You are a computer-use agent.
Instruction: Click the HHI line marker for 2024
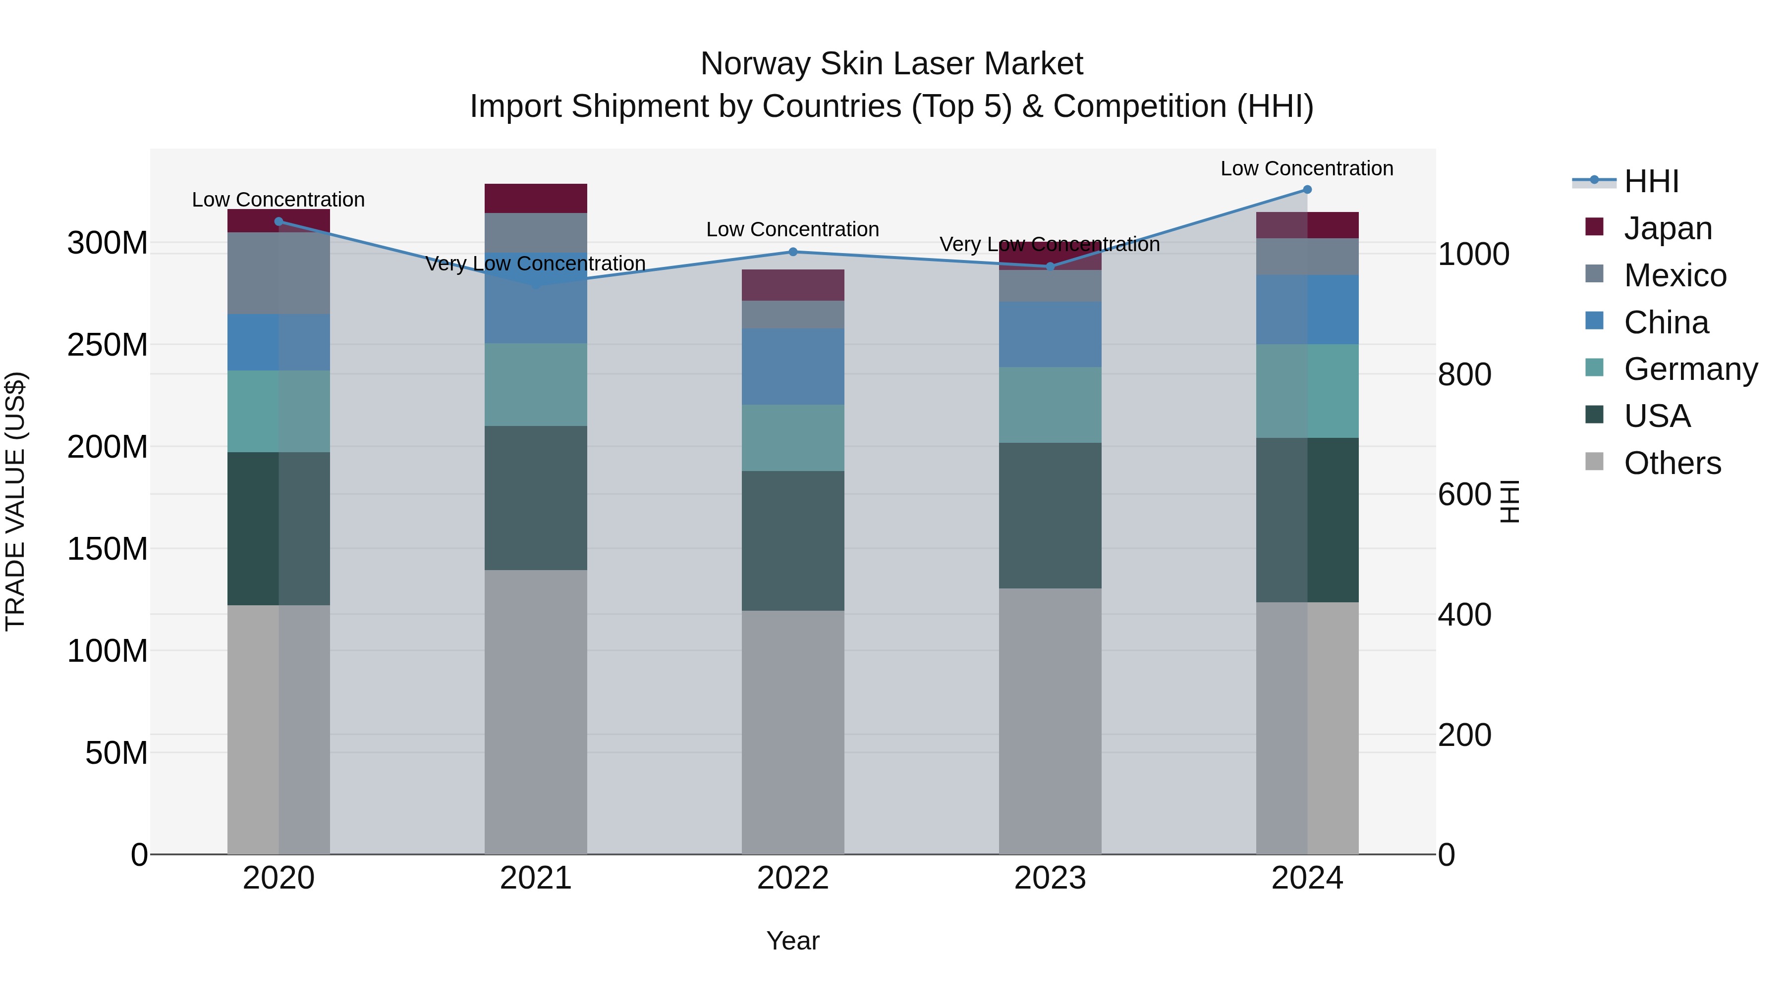tap(1307, 190)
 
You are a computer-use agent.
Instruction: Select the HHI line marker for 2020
tap(279, 221)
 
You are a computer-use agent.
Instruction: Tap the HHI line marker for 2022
tap(793, 252)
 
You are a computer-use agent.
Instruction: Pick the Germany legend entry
tap(1690, 369)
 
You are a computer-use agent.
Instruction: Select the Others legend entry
tap(1672, 463)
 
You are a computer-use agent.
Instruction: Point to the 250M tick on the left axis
tap(108, 345)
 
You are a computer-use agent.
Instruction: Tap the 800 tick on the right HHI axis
tap(1464, 374)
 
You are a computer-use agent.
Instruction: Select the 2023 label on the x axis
tap(1050, 878)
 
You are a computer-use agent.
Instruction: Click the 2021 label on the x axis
tap(535, 878)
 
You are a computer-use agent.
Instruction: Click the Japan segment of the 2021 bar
tap(535, 198)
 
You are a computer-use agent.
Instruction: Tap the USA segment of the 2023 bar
tap(1050, 516)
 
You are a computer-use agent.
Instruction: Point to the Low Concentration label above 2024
tap(1306, 168)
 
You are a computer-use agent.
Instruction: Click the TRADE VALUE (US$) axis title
tap(15, 501)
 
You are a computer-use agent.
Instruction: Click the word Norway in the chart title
tap(756, 64)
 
